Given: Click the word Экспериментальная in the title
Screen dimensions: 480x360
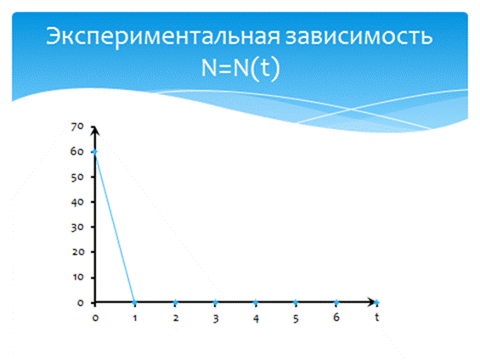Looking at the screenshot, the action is tap(163, 37).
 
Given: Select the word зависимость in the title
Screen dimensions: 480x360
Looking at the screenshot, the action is tap(359, 37).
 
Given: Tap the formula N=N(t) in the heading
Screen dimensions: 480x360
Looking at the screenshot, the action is tap(240, 67).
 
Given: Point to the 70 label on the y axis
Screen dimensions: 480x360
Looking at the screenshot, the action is tap(76, 127).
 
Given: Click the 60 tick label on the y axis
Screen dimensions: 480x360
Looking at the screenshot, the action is tap(76, 152).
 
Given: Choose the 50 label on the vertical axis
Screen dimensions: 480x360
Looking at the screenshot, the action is tap(76, 177).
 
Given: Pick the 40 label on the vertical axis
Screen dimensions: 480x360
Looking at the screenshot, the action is tap(76, 202).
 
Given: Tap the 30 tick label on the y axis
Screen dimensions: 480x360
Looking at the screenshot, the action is tap(76, 228).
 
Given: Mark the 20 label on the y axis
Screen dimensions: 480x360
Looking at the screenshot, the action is tap(78, 252).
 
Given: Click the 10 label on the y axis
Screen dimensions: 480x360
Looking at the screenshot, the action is tap(78, 277).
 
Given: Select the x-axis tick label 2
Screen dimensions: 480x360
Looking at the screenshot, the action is tap(175, 318).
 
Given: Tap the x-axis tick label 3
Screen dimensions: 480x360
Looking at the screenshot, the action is tap(216, 318).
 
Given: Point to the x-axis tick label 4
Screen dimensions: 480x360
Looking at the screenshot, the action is tap(256, 318).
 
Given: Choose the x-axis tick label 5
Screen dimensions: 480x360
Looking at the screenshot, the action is tap(296, 318).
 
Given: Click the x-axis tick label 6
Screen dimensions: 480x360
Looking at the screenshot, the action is tap(336, 318).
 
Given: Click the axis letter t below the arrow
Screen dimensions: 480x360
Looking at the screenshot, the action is tap(377, 318).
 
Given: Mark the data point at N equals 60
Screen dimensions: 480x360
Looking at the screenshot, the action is tap(95, 152).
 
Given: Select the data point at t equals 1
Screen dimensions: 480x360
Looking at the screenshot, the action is tap(135, 302).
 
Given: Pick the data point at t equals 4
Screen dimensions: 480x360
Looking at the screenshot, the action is tap(256, 302).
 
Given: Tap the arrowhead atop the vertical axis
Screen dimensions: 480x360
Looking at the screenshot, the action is tap(95, 129).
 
